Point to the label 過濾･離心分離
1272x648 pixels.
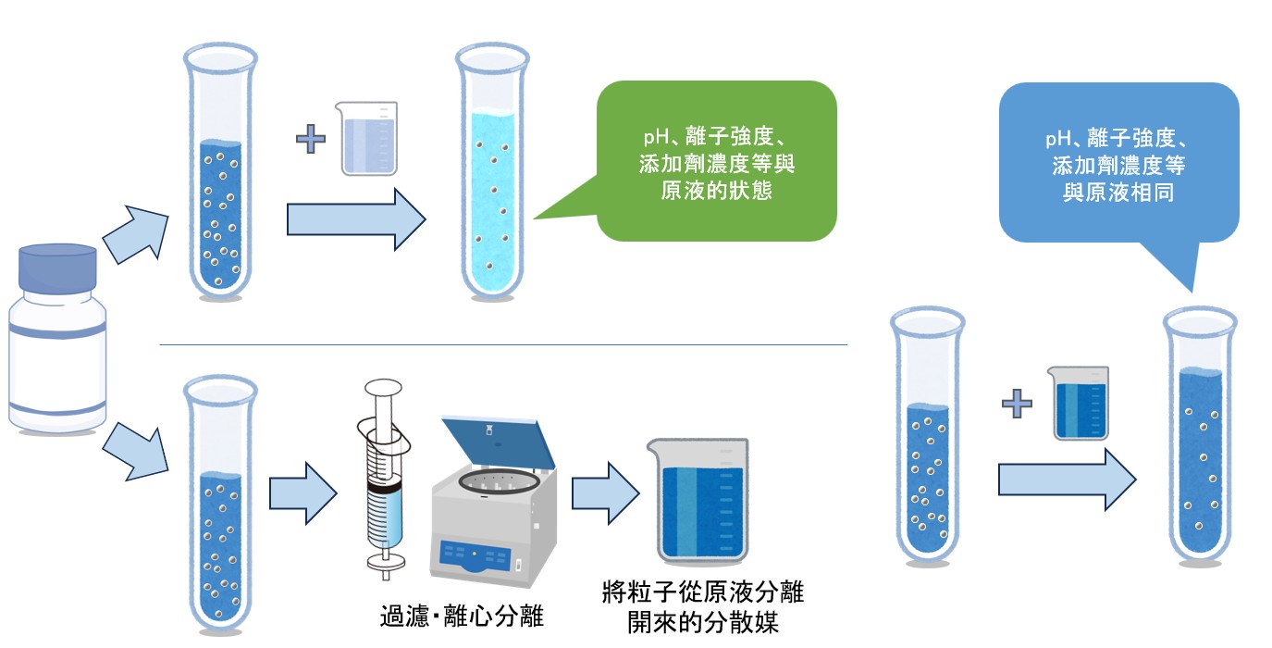[462, 617]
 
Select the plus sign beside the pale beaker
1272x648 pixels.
[312, 140]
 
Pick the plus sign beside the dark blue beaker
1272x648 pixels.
[1017, 403]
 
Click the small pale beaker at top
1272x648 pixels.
[369, 139]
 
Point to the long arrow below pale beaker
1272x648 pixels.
[356, 220]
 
